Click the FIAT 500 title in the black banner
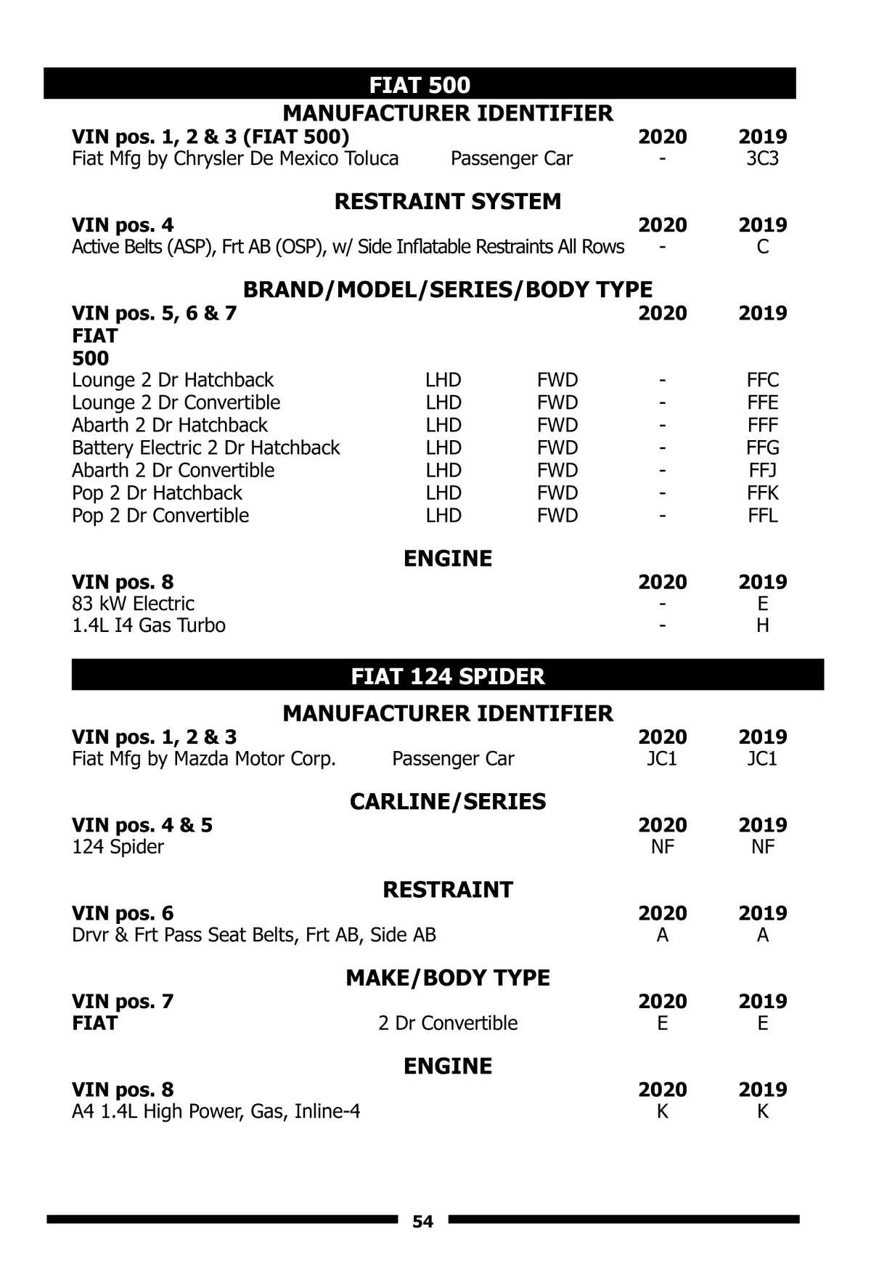(420, 85)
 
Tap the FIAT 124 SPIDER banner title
(447, 676)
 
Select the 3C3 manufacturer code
(762, 158)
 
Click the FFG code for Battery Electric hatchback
(762, 447)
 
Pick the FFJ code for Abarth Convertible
(762, 470)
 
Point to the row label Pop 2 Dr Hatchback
(157, 492)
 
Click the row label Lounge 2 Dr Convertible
(176, 402)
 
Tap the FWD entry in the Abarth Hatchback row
(557, 425)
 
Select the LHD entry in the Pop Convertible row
(443, 515)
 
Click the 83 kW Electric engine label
(133, 604)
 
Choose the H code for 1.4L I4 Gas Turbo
(762, 625)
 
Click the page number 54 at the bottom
(422, 1222)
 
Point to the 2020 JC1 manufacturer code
(662, 758)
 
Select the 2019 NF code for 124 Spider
(762, 846)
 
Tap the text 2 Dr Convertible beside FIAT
(448, 1023)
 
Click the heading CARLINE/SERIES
(447, 801)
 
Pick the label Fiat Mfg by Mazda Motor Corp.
(204, 758)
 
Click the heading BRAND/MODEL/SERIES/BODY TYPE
(447, 289)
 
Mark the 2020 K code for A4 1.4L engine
(662, 1111)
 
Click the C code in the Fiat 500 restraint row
(762, 247)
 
